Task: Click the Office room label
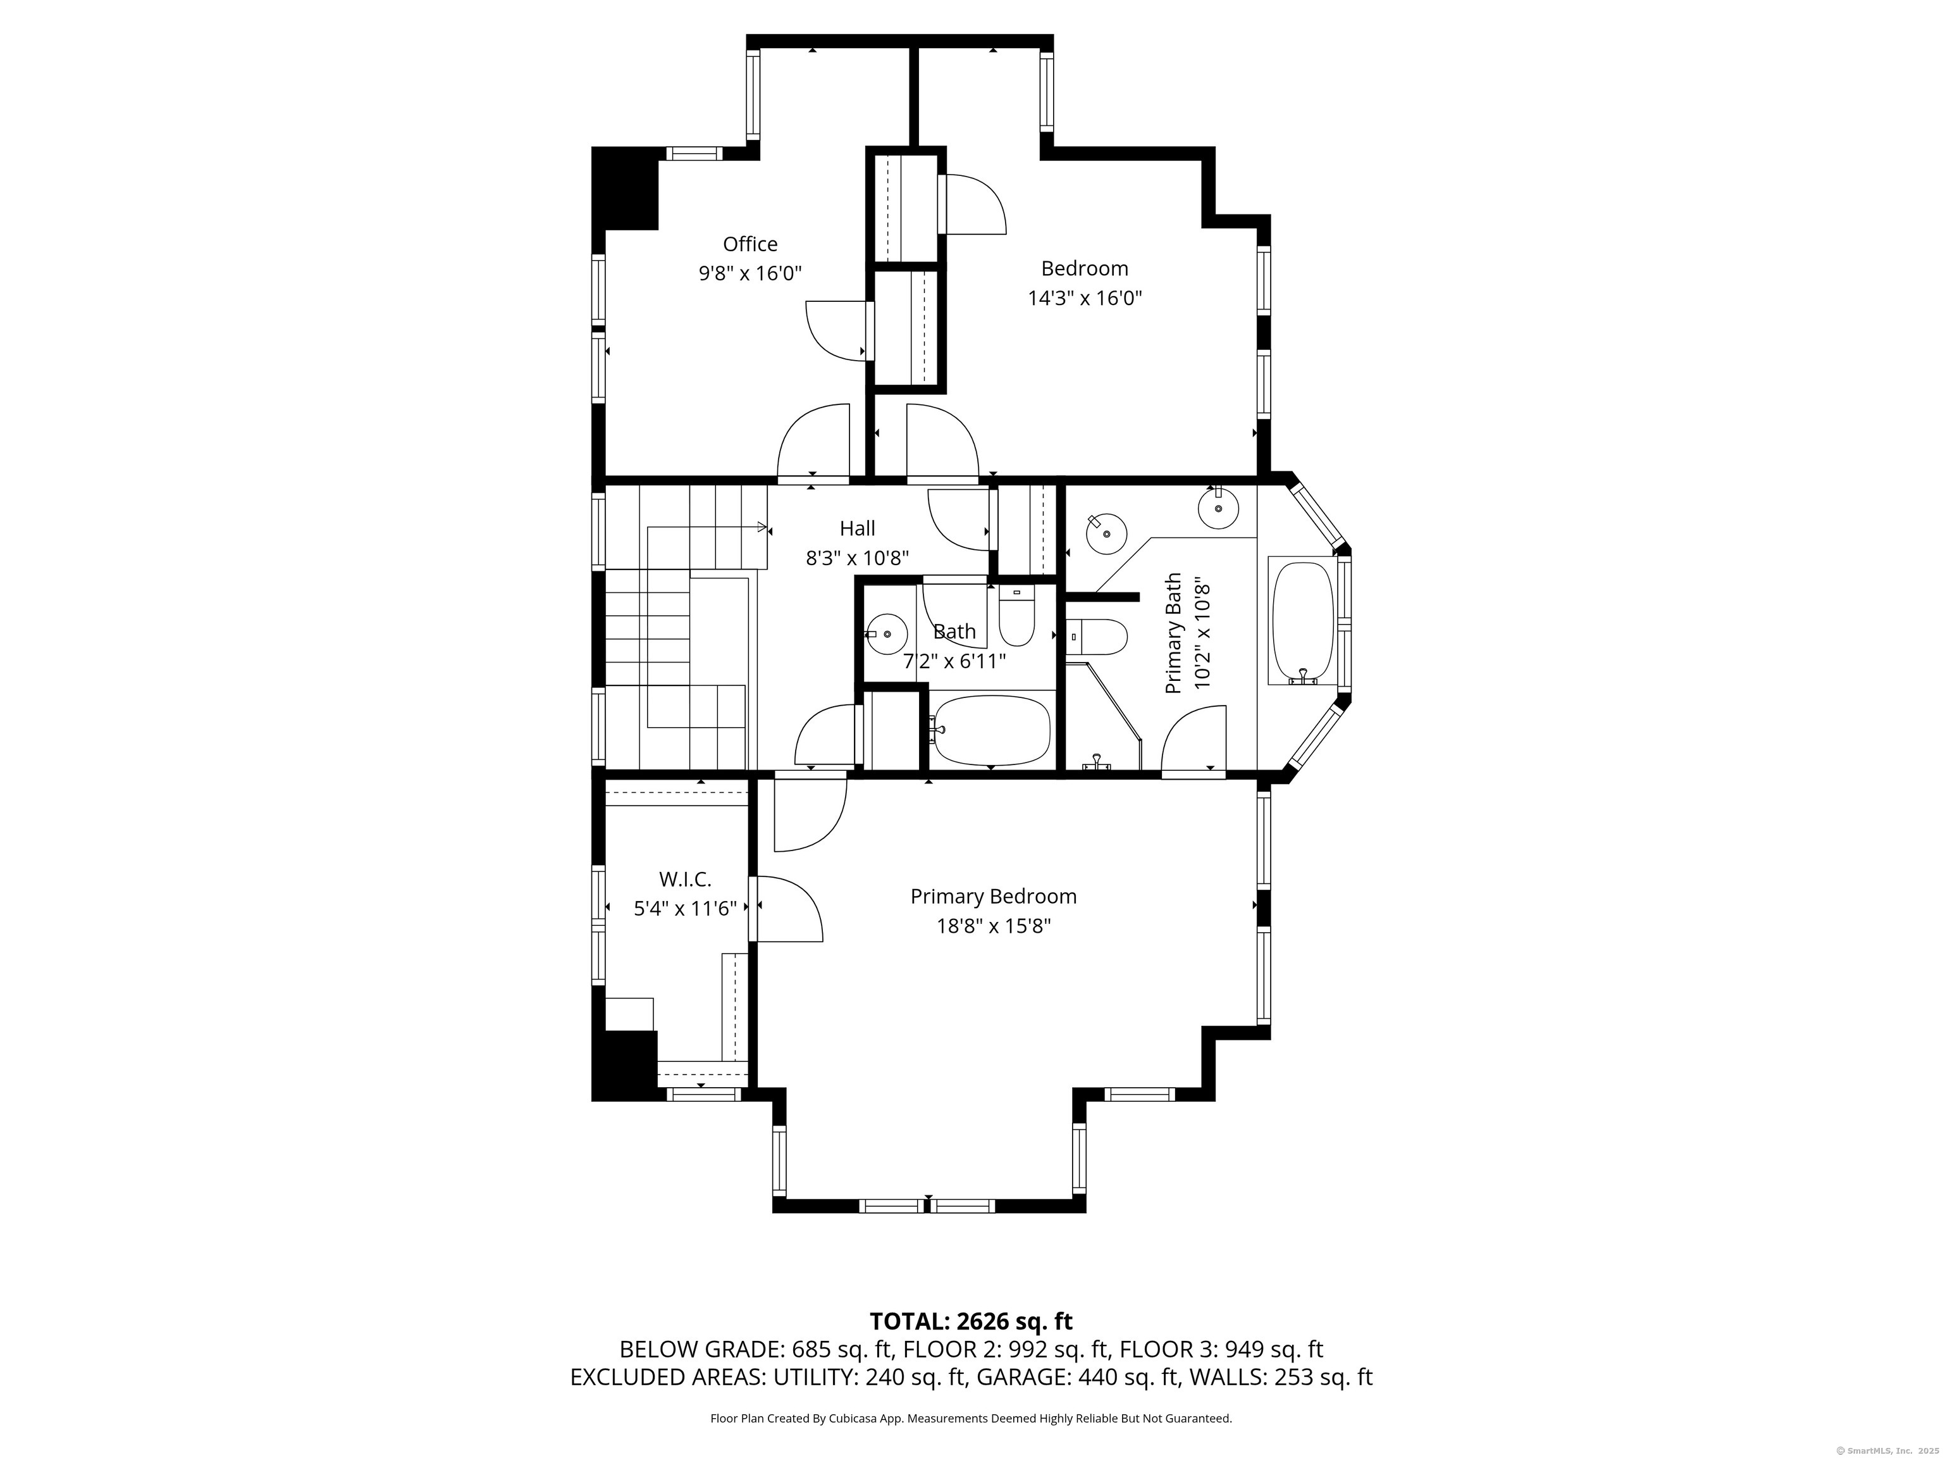click(750, 244)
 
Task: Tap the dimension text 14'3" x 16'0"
click(1085, 298)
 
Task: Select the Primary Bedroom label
click(994, 897)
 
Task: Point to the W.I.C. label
click(685, 879)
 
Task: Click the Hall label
click(857, 528)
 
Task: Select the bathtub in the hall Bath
click(991, 730)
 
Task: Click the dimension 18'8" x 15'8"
click(994, 926)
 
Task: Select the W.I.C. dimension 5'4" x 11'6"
click(685, 909)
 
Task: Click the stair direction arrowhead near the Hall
click(762, 526)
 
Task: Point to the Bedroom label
click(1085, 268)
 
